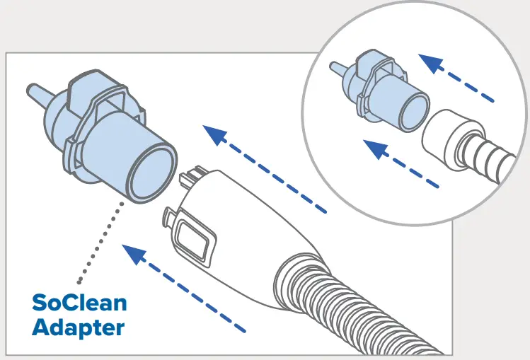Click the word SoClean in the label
79,303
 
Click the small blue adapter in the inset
382,92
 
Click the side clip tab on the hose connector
171,216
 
